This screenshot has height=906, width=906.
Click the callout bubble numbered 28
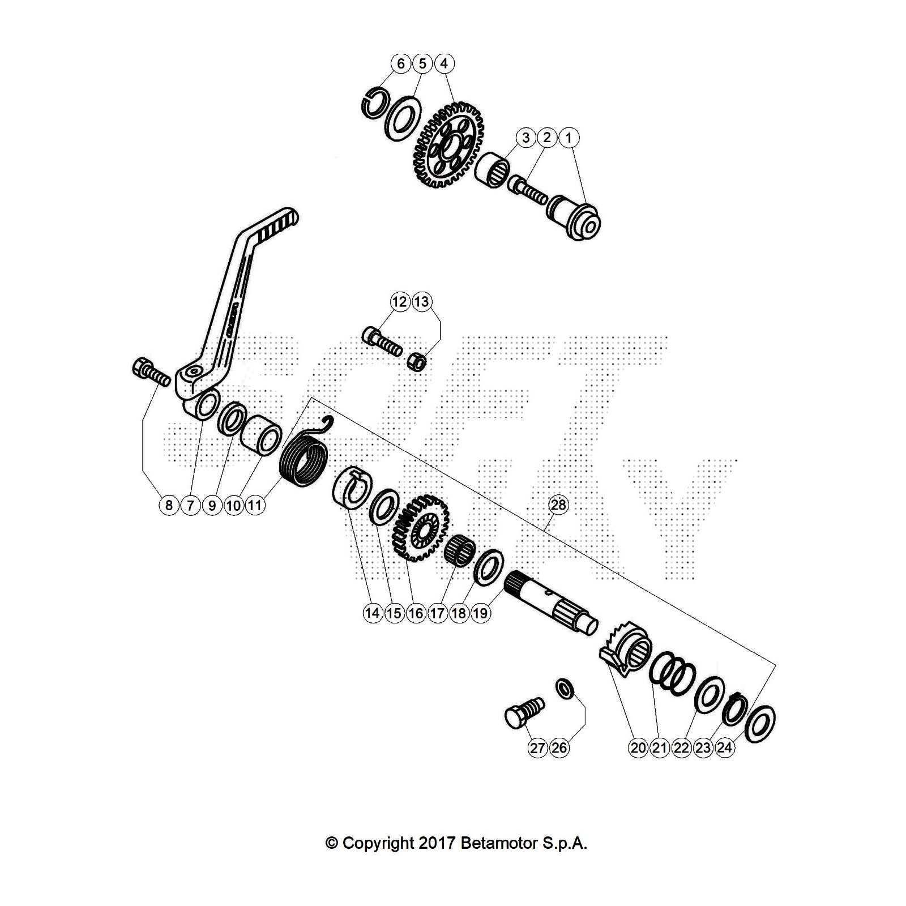(558, 505)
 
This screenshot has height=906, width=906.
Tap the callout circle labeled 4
(444, 63)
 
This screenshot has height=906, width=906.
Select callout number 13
(421, 302)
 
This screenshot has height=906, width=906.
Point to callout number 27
(537, 748)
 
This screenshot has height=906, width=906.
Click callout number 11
(255, 505)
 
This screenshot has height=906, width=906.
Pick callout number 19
(480, 613)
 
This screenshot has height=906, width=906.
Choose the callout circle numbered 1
(569, 138)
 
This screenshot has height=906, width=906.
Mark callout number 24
(724, 748)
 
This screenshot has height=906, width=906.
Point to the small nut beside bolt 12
(417, 361)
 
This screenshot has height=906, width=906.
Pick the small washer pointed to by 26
(565, 689)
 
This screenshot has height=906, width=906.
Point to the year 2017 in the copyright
(437, 843)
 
